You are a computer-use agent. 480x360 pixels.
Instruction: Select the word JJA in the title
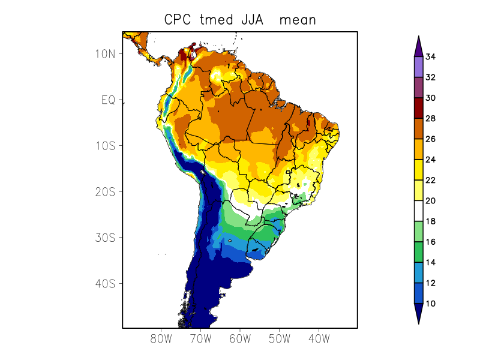pos(252,20)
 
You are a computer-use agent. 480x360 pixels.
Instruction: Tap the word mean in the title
pos(299,20)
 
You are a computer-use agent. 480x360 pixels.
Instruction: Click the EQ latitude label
pos(108,100)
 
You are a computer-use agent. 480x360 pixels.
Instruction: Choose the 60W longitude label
pos(239,338)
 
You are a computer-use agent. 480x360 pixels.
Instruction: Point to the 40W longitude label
pos(318,338)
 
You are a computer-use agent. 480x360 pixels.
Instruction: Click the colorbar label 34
pos(430,57)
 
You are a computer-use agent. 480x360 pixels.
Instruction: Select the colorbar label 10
pos(430,304)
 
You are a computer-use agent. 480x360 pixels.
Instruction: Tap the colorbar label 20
pos(430,201)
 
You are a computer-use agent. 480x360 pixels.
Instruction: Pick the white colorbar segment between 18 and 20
pos(418,211)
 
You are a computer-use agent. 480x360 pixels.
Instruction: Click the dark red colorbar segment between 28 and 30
pos(418,108)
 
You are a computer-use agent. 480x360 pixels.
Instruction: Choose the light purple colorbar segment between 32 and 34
pos(418,67)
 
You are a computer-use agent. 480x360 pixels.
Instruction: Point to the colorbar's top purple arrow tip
pos(418,37)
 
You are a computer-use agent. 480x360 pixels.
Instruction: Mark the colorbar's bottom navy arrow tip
pos(418,323)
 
